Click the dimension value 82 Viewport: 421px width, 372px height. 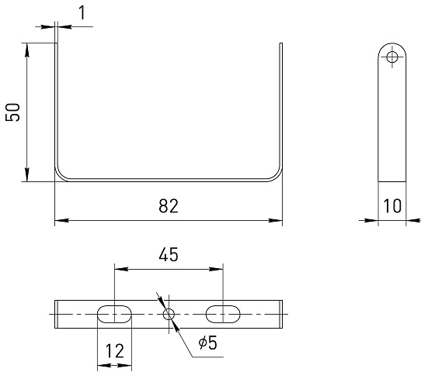coord(169,206)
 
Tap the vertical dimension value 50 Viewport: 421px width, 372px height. coord(12,112)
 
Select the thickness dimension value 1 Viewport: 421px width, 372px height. coord(82,12)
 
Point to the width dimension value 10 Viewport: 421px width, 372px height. coord(392,206)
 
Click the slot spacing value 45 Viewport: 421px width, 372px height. coord(169,254)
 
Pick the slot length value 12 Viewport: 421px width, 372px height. coord(115,351)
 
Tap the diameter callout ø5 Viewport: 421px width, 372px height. coord(207,343)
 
